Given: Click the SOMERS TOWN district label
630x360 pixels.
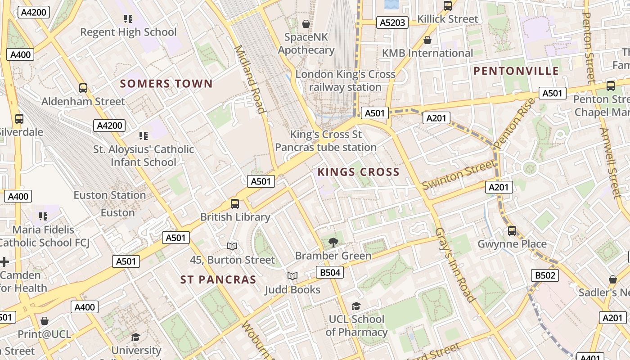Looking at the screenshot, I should point(166,84).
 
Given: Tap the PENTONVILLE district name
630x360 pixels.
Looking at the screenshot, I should point(516,71).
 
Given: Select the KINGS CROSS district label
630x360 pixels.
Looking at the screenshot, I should point(358,172).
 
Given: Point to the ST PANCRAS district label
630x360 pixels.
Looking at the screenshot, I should point(218,280).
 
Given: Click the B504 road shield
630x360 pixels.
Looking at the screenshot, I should point(329,272).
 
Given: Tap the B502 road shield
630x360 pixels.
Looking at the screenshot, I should point(544,275).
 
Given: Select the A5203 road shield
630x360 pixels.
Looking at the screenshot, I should point(392,22).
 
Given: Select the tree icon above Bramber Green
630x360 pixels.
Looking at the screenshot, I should point(333,243).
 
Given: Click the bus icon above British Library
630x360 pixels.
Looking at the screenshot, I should point(235,204).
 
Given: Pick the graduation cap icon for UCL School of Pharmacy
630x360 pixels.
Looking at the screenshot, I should point(356,306).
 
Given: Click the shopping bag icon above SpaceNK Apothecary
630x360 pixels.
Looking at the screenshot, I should point(306,24).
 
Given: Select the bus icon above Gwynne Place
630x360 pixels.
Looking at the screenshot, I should point(512,231).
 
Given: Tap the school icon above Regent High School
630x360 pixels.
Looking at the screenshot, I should point(128,19).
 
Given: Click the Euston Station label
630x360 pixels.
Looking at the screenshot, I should point(110,195).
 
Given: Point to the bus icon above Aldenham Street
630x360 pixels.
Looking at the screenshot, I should point(83,88).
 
